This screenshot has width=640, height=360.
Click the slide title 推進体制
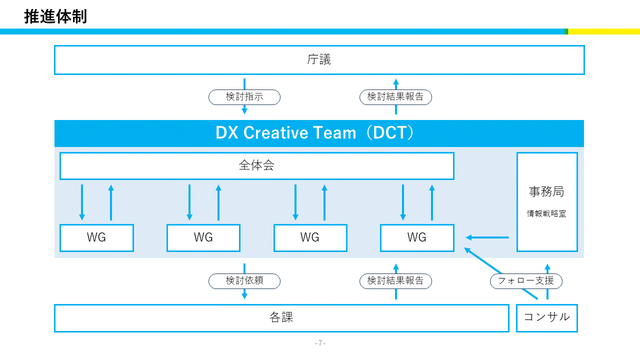point(55,16)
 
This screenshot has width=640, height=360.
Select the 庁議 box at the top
point(319,60)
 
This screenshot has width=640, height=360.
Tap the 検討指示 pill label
point(244,97)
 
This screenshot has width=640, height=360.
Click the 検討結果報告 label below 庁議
point(395,97)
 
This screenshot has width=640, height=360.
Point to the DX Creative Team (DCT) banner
point(319,133)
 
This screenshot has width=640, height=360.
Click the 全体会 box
point(256,166)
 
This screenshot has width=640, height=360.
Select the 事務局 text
point(546,191)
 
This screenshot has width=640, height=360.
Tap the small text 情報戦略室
point(546,213)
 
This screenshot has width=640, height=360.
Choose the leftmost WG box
point(96,238)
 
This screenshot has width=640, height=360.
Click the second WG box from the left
point(203,238)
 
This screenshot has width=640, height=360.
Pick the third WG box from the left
point(310,238)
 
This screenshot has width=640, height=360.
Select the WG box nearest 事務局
point(417,238)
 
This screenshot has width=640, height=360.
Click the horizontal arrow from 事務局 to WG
point(487,237)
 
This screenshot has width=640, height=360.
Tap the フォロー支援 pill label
point(526,281)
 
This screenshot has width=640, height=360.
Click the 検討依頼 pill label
point(244,281)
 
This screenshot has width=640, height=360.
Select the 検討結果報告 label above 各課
point(395,281)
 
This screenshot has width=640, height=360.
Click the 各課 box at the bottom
point(281,318)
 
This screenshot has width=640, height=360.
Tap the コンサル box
point(546,318)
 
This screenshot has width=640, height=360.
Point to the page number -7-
point(320,343)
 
